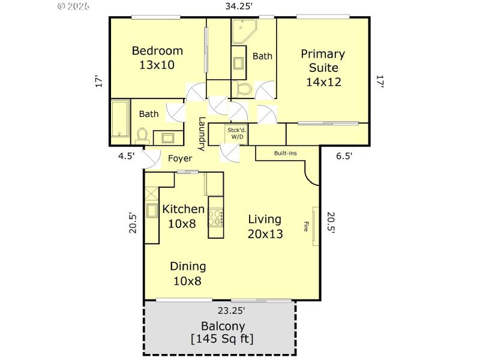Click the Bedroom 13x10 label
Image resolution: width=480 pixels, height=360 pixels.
[157, 58]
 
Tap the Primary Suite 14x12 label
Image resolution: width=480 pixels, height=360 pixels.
[323, 68]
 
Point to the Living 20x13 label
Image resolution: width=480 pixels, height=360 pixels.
[265, 226]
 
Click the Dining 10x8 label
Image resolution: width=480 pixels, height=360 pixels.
[188, 273]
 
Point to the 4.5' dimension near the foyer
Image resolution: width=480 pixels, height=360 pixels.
[126, 155]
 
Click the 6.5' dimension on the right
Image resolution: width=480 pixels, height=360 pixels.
[344, 155]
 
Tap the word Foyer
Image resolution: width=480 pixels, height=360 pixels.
[180, 158]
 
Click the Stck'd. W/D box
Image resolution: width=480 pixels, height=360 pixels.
[236, 133]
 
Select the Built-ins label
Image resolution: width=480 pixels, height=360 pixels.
[285, 153]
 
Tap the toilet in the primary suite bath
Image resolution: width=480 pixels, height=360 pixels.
[243, 89]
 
